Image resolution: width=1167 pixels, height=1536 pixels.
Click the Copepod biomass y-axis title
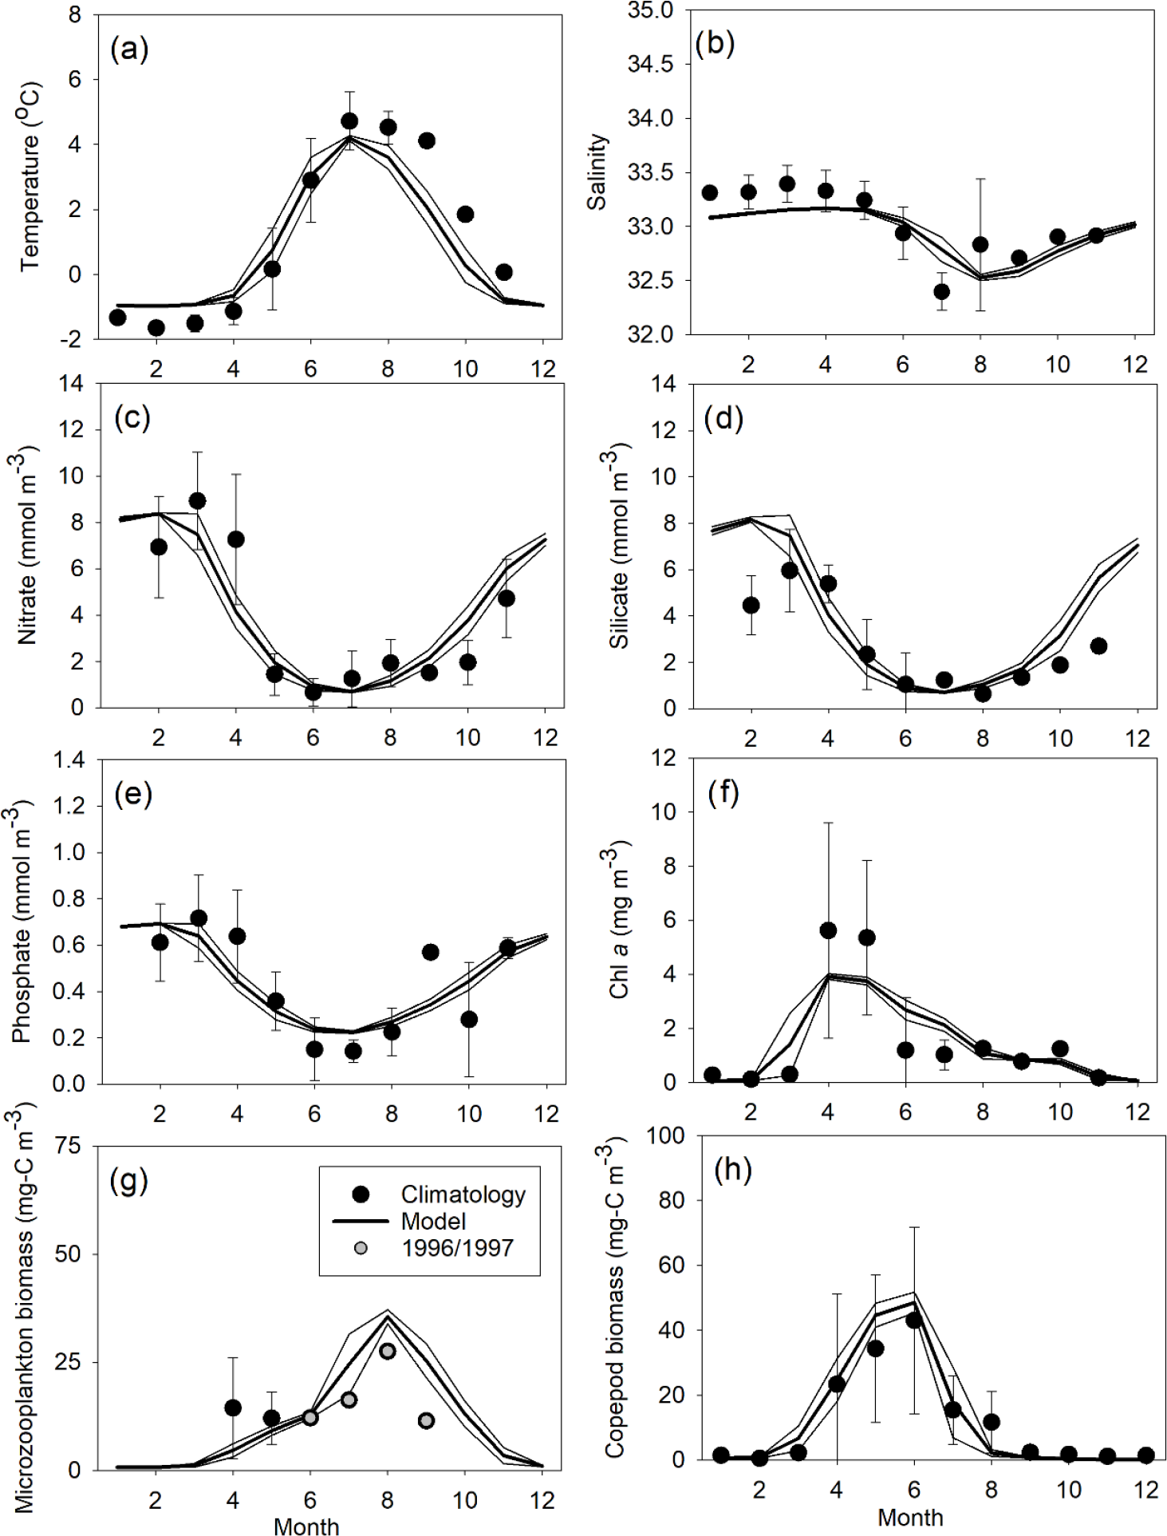[x=615, y=1296]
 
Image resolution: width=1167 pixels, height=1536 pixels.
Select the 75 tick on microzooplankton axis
[x=69, y=1147]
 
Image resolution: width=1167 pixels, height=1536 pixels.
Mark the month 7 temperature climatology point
[x=349, y=121]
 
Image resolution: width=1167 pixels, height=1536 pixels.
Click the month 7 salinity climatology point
[x=941, y=291]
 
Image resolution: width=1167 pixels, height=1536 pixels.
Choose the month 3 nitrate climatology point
[x=197, y=501]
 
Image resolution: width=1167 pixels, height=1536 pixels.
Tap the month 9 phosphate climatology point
[x=430, y=952]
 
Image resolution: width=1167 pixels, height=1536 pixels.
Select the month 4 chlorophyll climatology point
[x=828, y=930]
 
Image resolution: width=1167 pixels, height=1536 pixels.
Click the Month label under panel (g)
[x=306, y=1525]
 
